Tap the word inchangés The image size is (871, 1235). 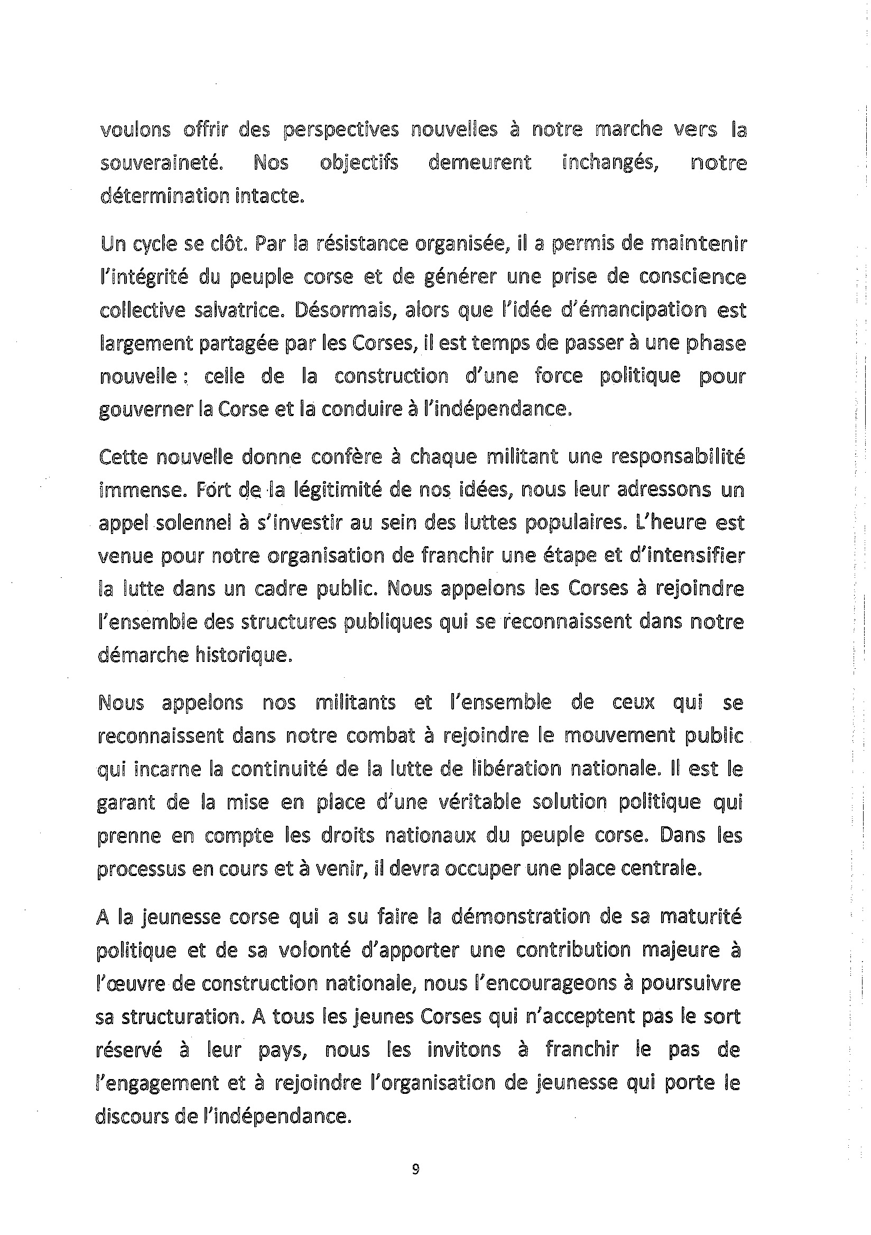click(x=610, y=163)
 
